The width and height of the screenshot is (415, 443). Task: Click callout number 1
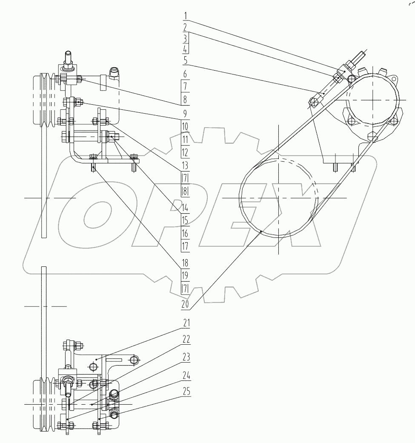[186, 17]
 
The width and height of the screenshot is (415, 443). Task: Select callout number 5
[186, 61]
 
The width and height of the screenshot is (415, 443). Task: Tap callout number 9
[185, 114]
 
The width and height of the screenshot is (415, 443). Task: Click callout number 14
[185, 208]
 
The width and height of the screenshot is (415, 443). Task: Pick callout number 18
[185, 263]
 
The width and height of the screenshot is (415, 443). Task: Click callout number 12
[185, 152]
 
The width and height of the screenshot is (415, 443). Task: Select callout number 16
[185, 233]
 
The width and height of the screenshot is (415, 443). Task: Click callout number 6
[185, 74]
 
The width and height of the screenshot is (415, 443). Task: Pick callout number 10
[185, 127]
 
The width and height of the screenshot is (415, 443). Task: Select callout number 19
[185, 276]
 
